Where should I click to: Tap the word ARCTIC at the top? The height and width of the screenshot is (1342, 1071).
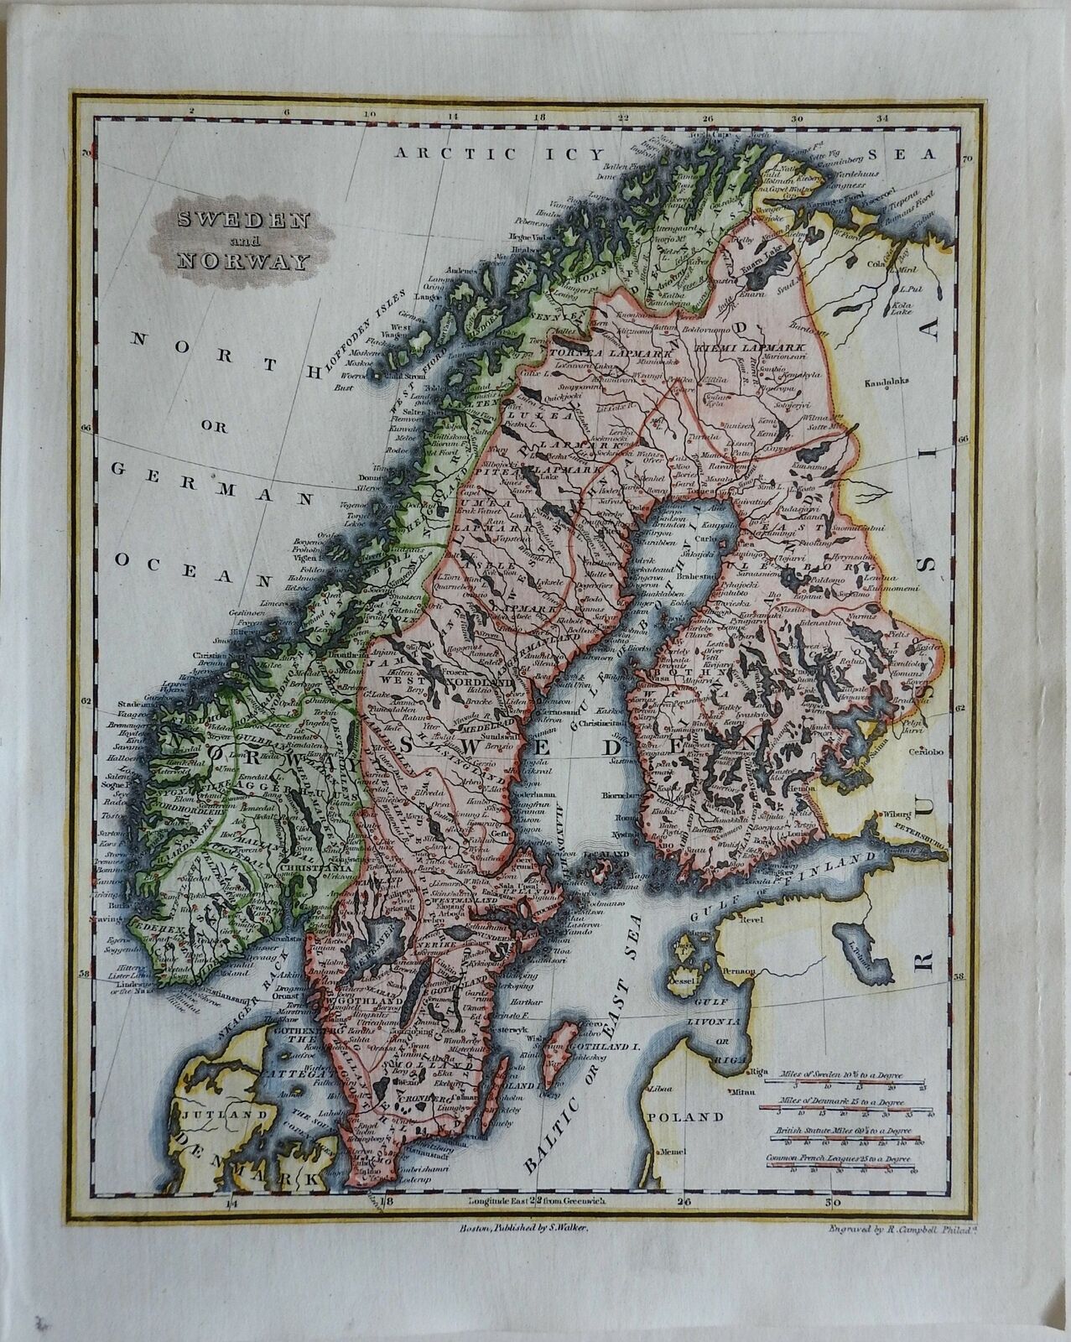click(443, 153)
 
